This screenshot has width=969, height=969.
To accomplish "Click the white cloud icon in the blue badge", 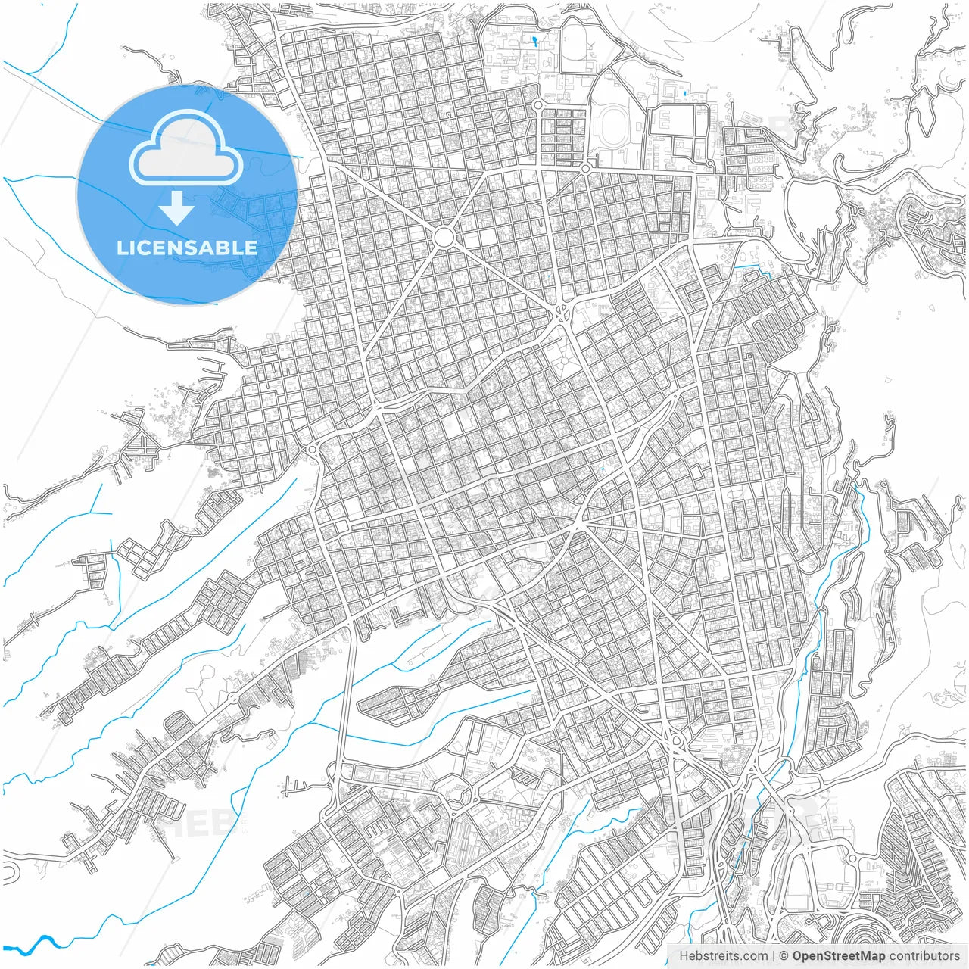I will tap(185, 149).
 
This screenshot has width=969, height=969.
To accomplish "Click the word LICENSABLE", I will tap(186, 248).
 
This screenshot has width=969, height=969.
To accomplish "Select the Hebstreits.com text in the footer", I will tap(723, 956).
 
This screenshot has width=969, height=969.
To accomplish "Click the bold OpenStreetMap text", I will tap(839, 956).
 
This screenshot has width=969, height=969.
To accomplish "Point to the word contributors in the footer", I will tap(924, 956).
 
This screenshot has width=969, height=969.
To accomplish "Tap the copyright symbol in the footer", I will tap(784, 956).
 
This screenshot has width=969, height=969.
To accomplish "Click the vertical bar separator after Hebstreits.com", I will tap(774, 956).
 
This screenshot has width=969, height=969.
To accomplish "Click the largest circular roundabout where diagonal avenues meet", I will tap(444, 238).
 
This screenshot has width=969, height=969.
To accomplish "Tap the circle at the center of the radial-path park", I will tap(563, 363).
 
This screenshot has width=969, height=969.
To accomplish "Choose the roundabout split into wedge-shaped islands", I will tap(563, 310).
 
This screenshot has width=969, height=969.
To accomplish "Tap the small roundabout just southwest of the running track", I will tap(585, 167).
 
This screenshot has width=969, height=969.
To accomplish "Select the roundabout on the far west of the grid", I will tap(312, 450).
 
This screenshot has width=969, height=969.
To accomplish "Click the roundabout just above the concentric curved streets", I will tap(851, 858).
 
